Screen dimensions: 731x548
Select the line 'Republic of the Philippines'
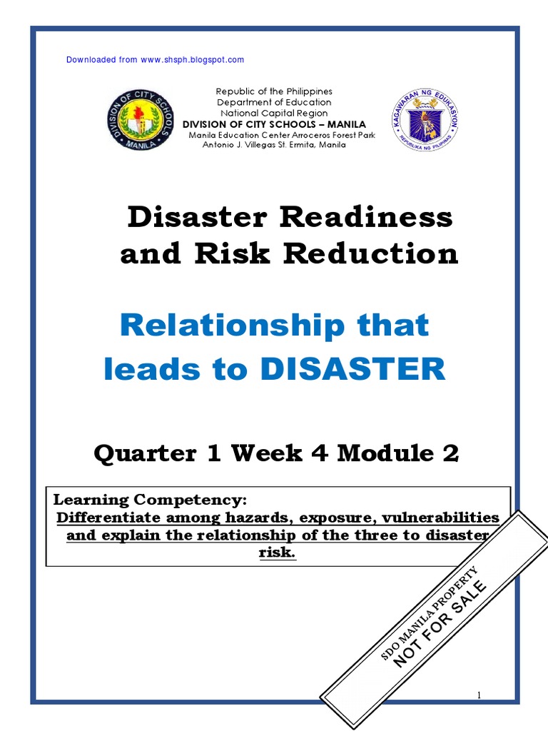(275, 91)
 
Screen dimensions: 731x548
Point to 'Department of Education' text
(275, 102)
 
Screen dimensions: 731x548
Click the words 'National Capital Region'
(275, 113)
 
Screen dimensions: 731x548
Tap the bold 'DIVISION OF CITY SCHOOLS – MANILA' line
(275, 124)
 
